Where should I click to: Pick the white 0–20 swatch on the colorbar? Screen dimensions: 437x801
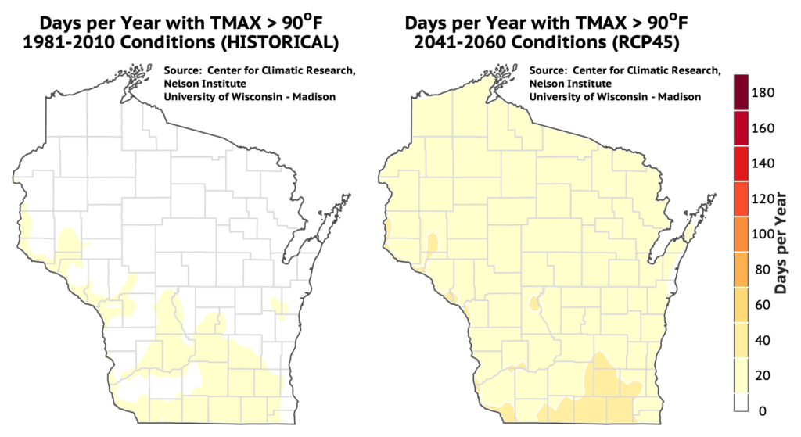pyautogui.click(x=742, y=402)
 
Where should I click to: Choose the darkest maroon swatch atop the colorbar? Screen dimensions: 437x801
pyautogui.click(x=742, y=92)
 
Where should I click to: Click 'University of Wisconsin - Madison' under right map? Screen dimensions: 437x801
pyautogui.click(x=615, y=96)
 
